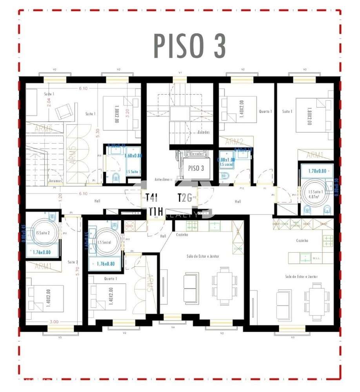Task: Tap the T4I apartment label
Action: pyautogui.click(x=151, y=197)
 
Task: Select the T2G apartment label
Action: pyautogui.click(x=184, y=197)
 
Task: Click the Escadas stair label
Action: pyautogui.click(x=204, y=132)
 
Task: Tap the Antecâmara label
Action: pyautogui.click(x=164, y=180)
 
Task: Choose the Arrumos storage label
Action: pyautogui.click(x=55, y=181)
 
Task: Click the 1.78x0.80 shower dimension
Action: pyautogui.click(x=317, y=171)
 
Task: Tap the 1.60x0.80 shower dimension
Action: pyautogui.click(x=133, y=155)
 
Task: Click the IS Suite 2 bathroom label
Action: pyautogui.click(x=43, y=233)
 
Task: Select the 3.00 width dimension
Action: pyautogui.click(x=54, y=322)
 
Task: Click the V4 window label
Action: pyautogui.click(x=173, y=326)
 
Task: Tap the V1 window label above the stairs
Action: pyautogui.click(x=180, y=73)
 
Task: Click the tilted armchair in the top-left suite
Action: pyautogui.click(x=64, y=112)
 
